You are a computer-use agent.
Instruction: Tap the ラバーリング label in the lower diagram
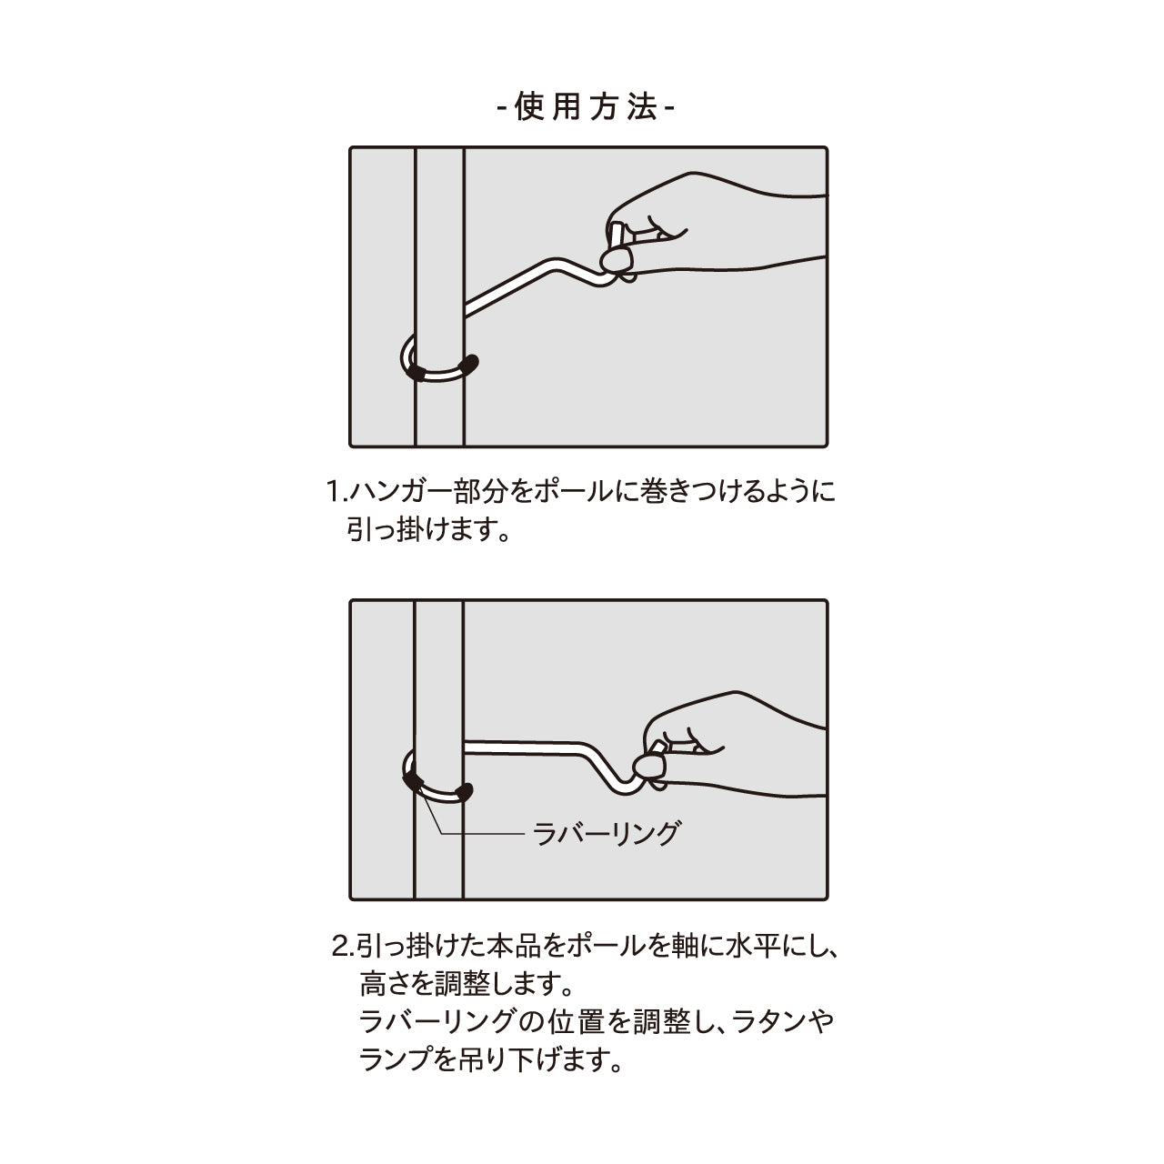tap(606, 833)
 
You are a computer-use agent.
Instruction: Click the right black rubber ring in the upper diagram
tap(470, 363)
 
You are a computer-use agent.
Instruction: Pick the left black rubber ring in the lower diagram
tap(411, 780)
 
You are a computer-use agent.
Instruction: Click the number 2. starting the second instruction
tap(342, 947)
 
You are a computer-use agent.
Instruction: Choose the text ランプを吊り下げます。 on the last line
tap(491, 1059)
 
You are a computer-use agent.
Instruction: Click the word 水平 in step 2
tap(746, 947)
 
